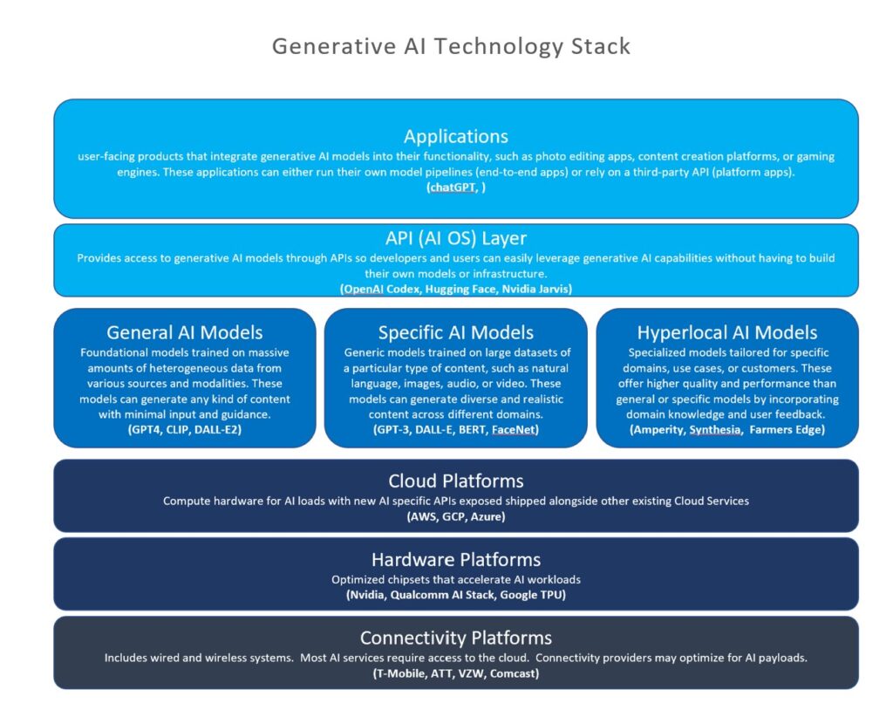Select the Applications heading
point(455,137)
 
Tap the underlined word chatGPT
point(453,188)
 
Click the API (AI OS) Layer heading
point(455,238)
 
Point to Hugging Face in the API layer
point(460,290)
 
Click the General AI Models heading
point(185,332)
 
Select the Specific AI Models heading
point(455,332)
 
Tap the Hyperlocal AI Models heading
point(726,332)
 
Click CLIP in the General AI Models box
point(177,429)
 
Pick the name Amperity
point(658,429)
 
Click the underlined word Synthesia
point(715,429)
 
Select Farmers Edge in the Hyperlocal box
point(785,429)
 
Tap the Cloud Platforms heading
point(455,481)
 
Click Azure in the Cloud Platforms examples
point(486,517)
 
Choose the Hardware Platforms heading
point(455,560)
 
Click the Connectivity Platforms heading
point(455,638)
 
